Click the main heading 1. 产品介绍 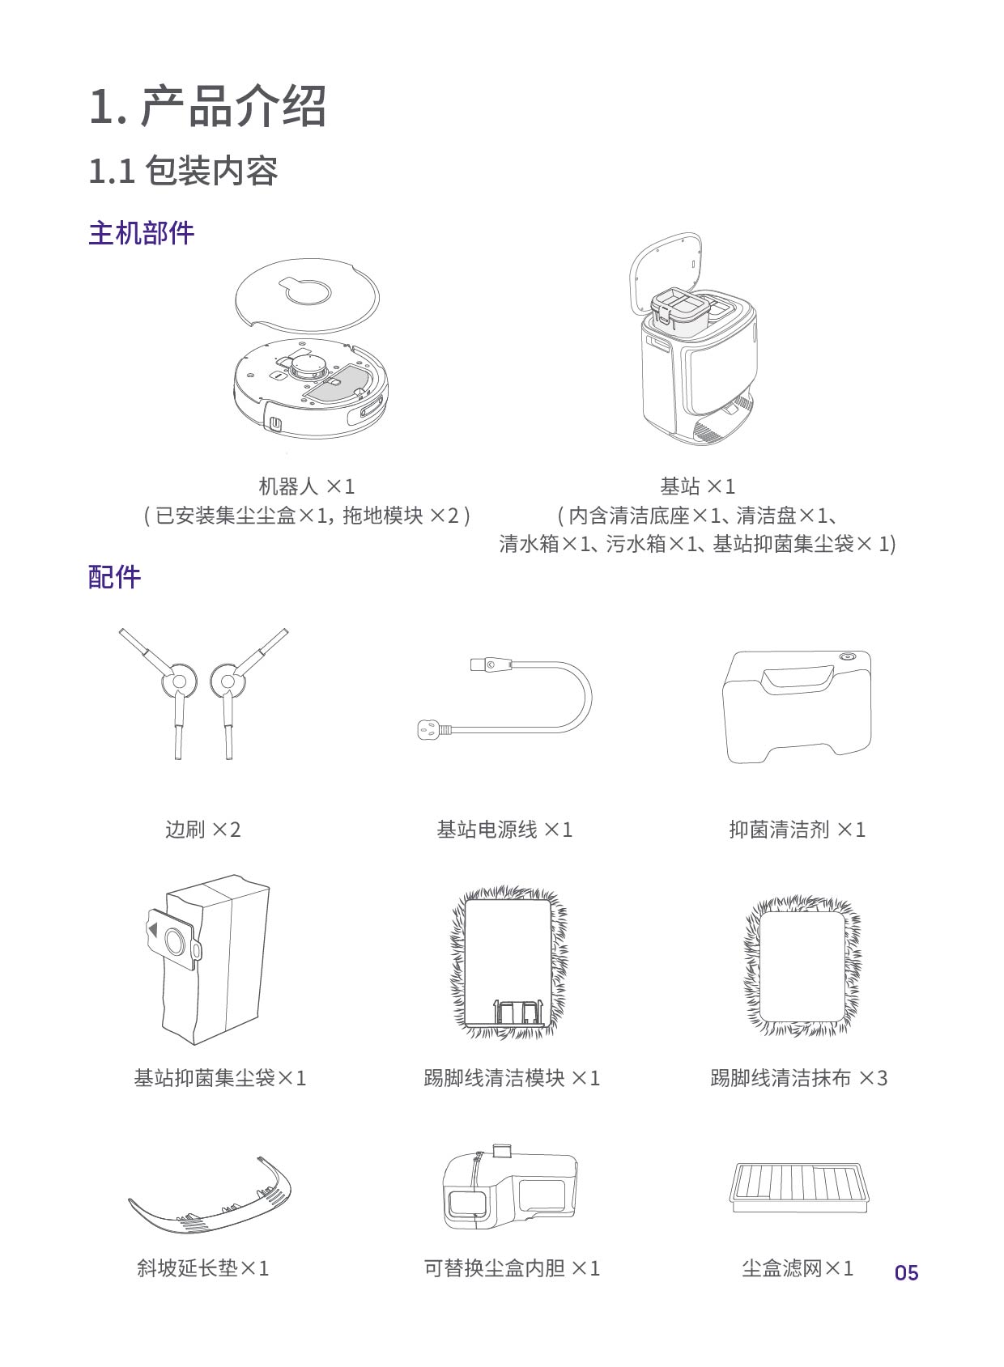pyautogui.click(x=207, y=106)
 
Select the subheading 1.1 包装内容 pyautogui.click(x=184, y=170)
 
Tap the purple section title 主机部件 pyautogui.click(x=142, y=233)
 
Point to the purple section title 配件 pyautogui.click(x=115, y=577)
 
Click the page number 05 pyautogui.click(x=906, y=1272)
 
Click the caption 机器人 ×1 pyautogui.click(x=306, y=486)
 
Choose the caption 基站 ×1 pyautogui.click(x=697, y=486)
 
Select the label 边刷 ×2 pyautogui.click(x=202, y=830)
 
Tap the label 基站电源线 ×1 pyautogui.click(x=504, y=830)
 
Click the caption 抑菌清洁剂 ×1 pyautogui.click(x=797, y=830)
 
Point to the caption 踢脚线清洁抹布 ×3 pyautogui.click(x=799, y=1078)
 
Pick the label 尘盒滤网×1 pyautogui.click(x=798, y=1268)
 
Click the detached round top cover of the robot pyautogui.click(x=307, y=296)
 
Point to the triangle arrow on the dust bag pyautogui.click(x=153, y=929)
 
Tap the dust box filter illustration pyautogui.click(x=798, y=1187)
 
